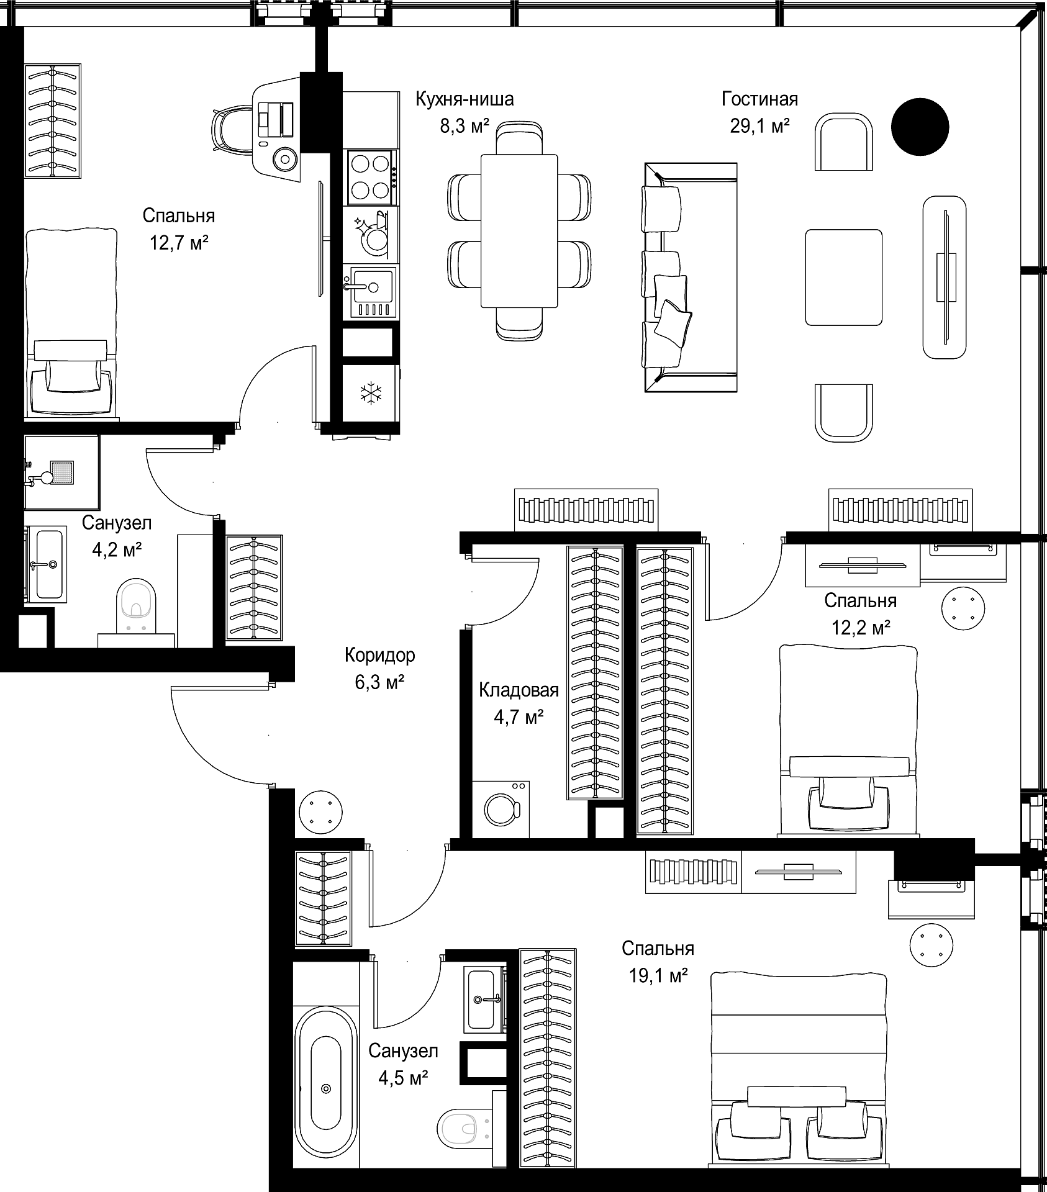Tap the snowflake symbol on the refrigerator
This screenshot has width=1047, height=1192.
(x=371, y=393)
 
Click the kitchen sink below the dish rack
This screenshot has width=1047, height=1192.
(x=371, y=292)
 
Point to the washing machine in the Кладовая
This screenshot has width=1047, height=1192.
(x=501, y=809)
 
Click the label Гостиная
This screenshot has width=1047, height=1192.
(x=759, y=99)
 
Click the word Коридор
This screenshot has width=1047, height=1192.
(x=379, y=655)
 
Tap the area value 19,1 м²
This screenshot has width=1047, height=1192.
(x=658, y=976)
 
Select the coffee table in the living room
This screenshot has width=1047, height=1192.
(x=844, y=277)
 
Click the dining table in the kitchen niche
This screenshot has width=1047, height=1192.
(x=519, y=230)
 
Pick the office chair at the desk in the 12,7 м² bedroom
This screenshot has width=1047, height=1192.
(x=235, y=130)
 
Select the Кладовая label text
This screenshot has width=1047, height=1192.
(x=519, y=690)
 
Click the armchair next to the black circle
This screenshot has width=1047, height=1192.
(x=844, y=142)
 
